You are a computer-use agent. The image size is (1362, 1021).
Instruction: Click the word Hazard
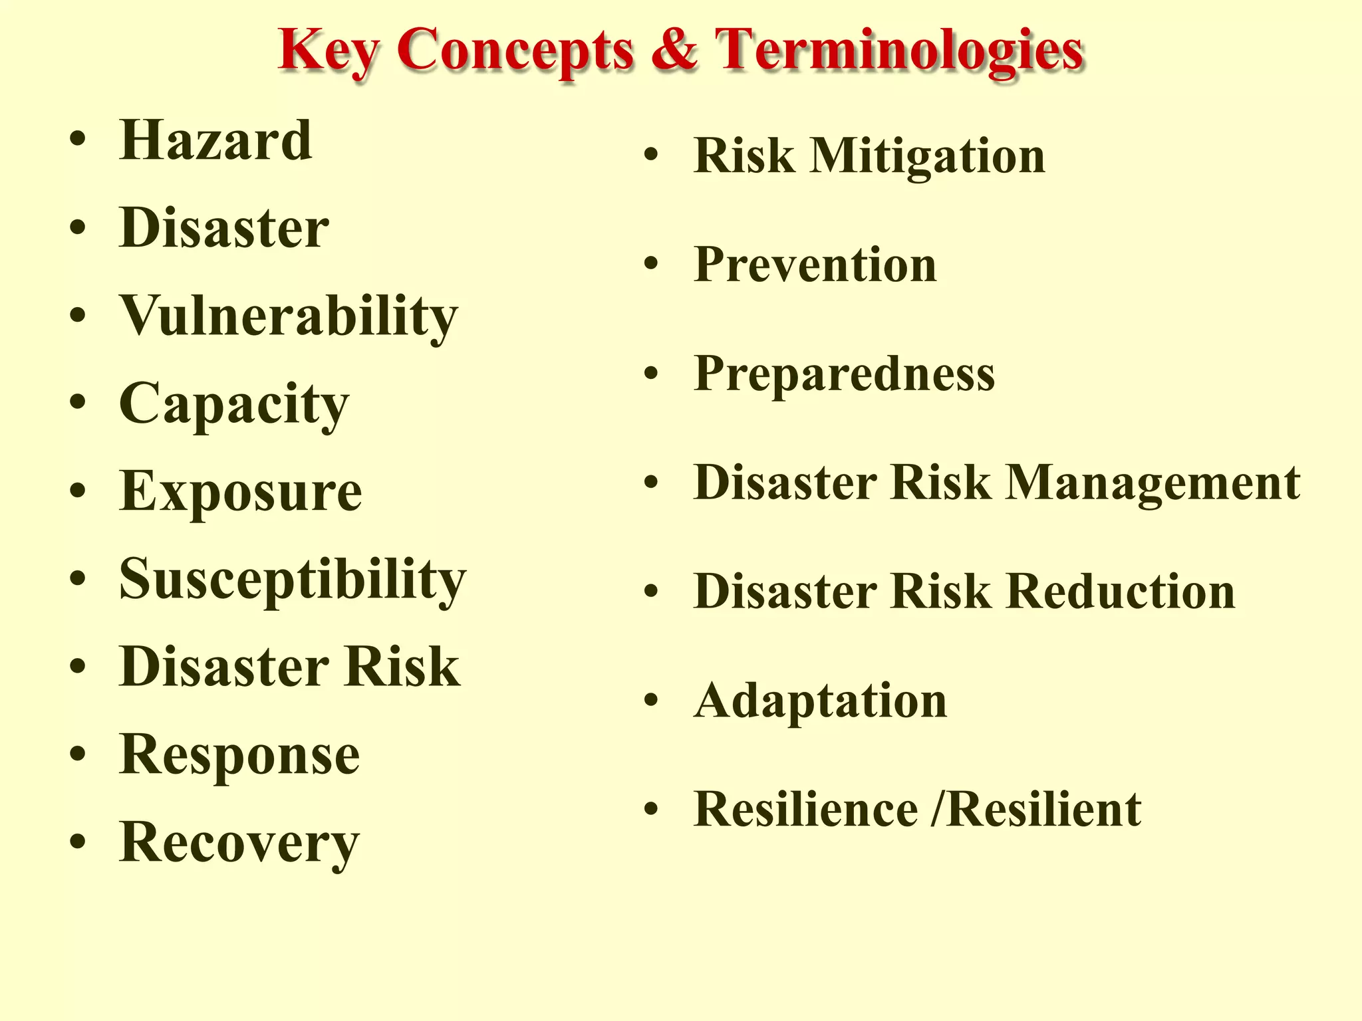[x=215, y=140]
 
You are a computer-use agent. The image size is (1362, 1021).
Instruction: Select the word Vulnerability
[x=289, y=316]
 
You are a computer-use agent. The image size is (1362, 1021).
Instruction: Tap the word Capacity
[x=233, y=404]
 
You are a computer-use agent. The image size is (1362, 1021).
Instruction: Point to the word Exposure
[x=241, y=491]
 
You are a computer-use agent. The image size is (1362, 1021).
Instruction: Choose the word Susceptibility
[x=293, y=580]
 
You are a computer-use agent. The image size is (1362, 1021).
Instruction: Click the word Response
[x=239, y=754]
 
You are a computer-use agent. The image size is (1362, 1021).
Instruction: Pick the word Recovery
[x=239, y=842]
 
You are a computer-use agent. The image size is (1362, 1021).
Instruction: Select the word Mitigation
[x=927, y=156]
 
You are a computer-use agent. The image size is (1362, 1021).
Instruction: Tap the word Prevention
[x=815, y=265]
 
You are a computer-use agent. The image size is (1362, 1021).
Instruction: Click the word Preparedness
[x=844, y=374]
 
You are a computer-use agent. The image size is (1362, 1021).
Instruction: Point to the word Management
[x=1153, y=483]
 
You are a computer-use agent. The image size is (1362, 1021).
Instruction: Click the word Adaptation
[x=820, y=701]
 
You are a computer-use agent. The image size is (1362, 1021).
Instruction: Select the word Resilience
[x=805, y=810]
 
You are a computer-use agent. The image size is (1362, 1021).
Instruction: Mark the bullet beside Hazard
[x=78, y=140]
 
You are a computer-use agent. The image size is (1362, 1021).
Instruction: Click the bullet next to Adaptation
[x=651, y=701]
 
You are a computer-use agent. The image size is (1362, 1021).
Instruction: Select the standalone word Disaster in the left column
[x=223, y=228]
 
